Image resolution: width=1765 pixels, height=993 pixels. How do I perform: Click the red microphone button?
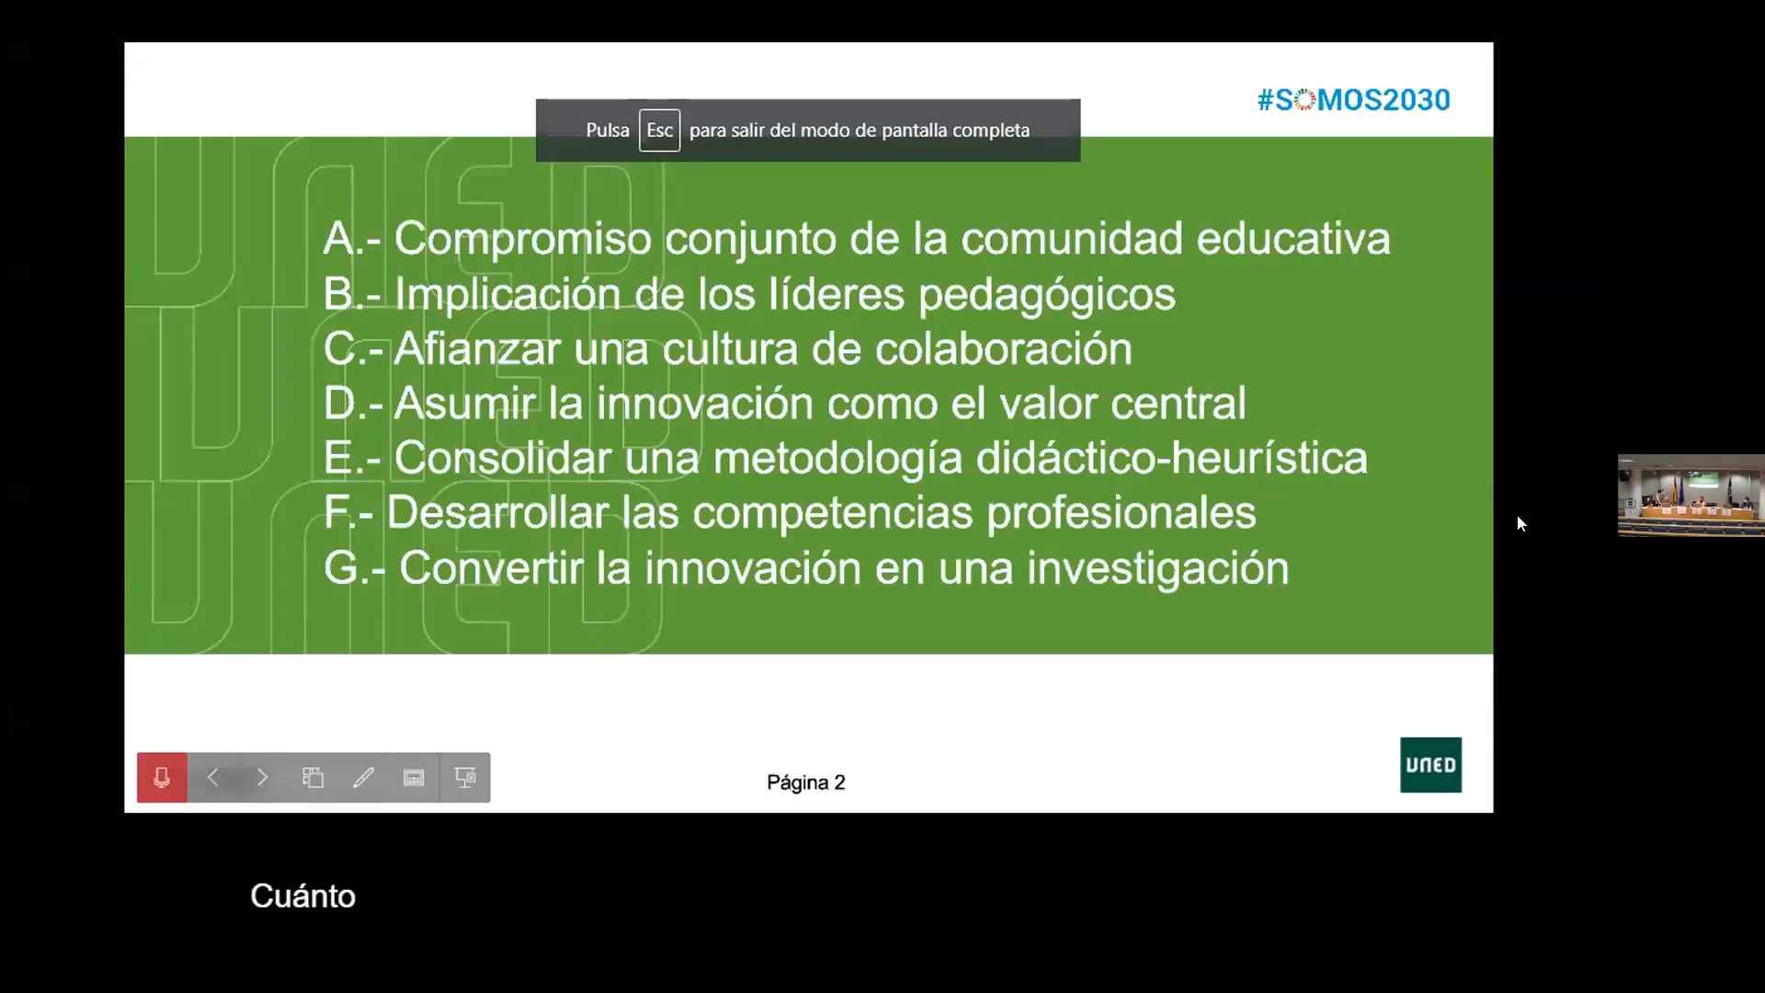tap(162, 778)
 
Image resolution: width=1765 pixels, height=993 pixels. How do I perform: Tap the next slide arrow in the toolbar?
tap(263, 778)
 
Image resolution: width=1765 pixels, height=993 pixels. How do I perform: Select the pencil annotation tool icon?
tap(363, 778)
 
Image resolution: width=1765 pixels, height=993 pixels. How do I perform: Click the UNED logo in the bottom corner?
tap(1430, 765)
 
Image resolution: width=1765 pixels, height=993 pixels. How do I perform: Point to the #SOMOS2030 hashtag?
tap(1353, 99)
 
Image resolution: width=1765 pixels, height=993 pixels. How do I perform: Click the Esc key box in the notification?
tap(659, 131)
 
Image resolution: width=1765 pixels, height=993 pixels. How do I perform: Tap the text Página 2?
tap(806, 782)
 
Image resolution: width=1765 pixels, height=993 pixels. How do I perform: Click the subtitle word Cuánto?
tap(302, 896)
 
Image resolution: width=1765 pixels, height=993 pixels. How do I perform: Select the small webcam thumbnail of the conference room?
tap(1691, 496)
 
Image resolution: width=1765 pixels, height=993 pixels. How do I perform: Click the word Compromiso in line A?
tap(523, 238)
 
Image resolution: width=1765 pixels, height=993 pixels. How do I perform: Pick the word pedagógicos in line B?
tap(1047, 295)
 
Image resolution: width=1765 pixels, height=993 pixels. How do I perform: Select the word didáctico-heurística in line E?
tap(1171, 458)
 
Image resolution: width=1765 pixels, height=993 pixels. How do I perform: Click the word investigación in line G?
tap(1157, 568)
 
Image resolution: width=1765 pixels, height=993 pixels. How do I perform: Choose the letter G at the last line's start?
tap(341, 568)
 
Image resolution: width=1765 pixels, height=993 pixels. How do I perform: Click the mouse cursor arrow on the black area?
tap(1521, 523)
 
